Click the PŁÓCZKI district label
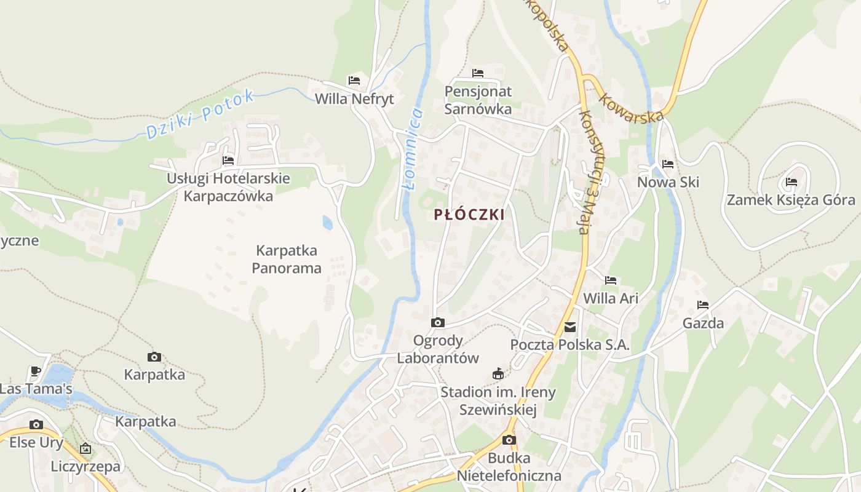pos(469,215)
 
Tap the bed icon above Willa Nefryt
pos(354,81)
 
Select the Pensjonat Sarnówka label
pos(478,100)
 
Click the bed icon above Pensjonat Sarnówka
pos(478,73)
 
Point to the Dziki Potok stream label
pos(200,114)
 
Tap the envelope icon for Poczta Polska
pos(570,327)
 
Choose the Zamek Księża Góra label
pos(791,200)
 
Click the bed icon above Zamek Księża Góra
pos(792,182)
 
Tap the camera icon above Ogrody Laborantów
pos(438,322)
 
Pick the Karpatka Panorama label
pos(287,259)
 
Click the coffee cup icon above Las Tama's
pos(36,371)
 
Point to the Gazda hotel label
pos(703,323)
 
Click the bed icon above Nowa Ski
pos(668,164)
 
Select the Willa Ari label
pos(611,298)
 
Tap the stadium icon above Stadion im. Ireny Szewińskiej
pos(498,374)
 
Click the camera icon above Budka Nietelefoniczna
pos(509,440)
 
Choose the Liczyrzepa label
pos(86,466)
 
